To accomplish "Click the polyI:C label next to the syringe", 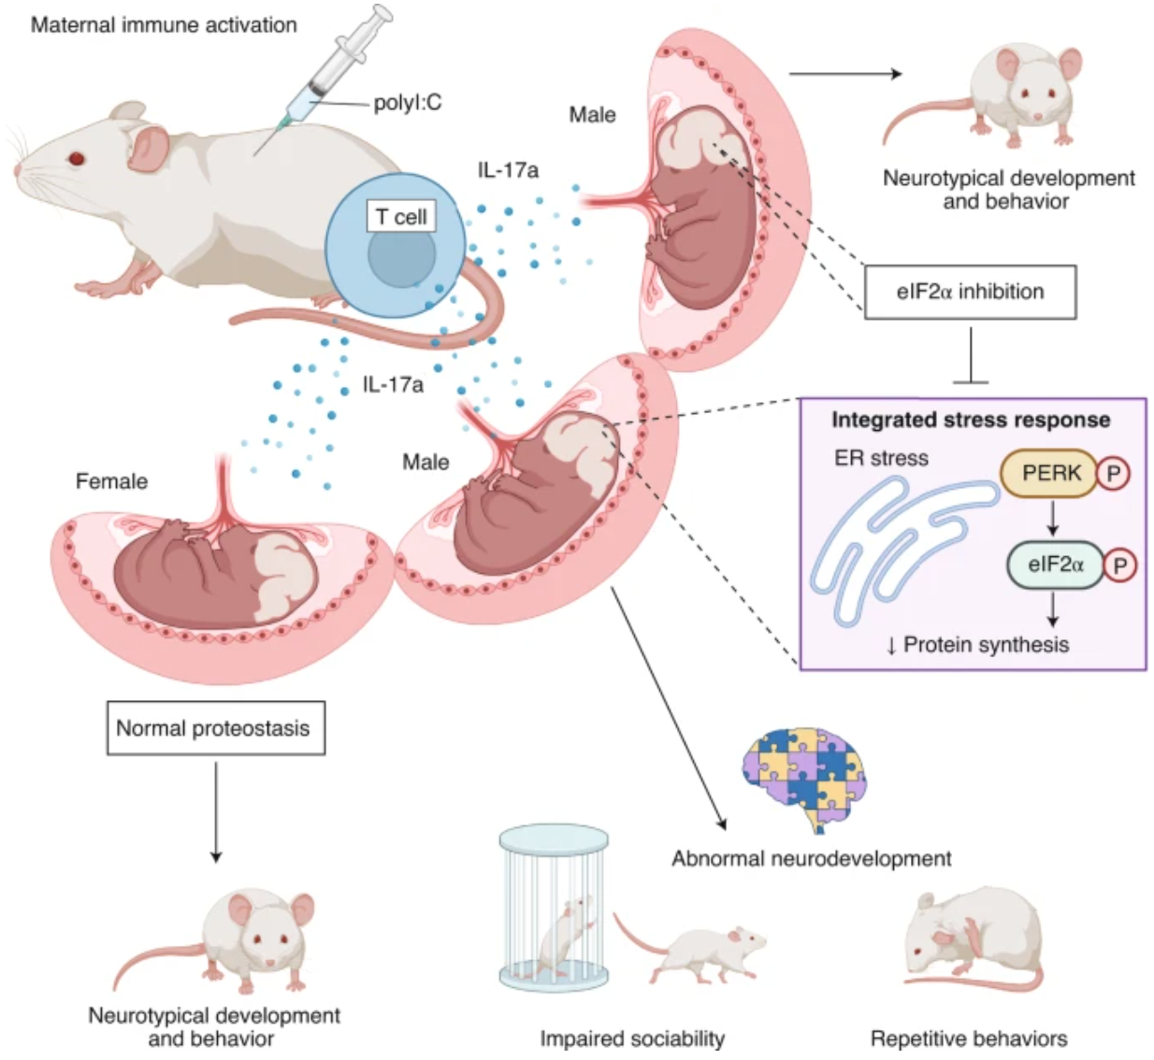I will point(407,102).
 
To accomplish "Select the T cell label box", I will point(401,217).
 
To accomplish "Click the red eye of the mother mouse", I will point(76,158).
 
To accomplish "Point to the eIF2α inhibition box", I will point(970,292).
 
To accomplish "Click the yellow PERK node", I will point(1049,473).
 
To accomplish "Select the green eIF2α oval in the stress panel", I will point(1055,565).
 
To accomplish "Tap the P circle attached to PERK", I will point(1113,474).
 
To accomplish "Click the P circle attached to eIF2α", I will point(1119,565).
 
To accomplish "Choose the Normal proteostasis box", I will point(213,728).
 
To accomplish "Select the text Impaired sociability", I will point(632,1039).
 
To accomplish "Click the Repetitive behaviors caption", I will point(969,1039).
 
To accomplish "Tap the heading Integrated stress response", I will point(971,420).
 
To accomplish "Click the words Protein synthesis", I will point(985,645).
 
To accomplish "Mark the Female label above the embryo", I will point(111,481).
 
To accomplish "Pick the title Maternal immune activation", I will point(164,25).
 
